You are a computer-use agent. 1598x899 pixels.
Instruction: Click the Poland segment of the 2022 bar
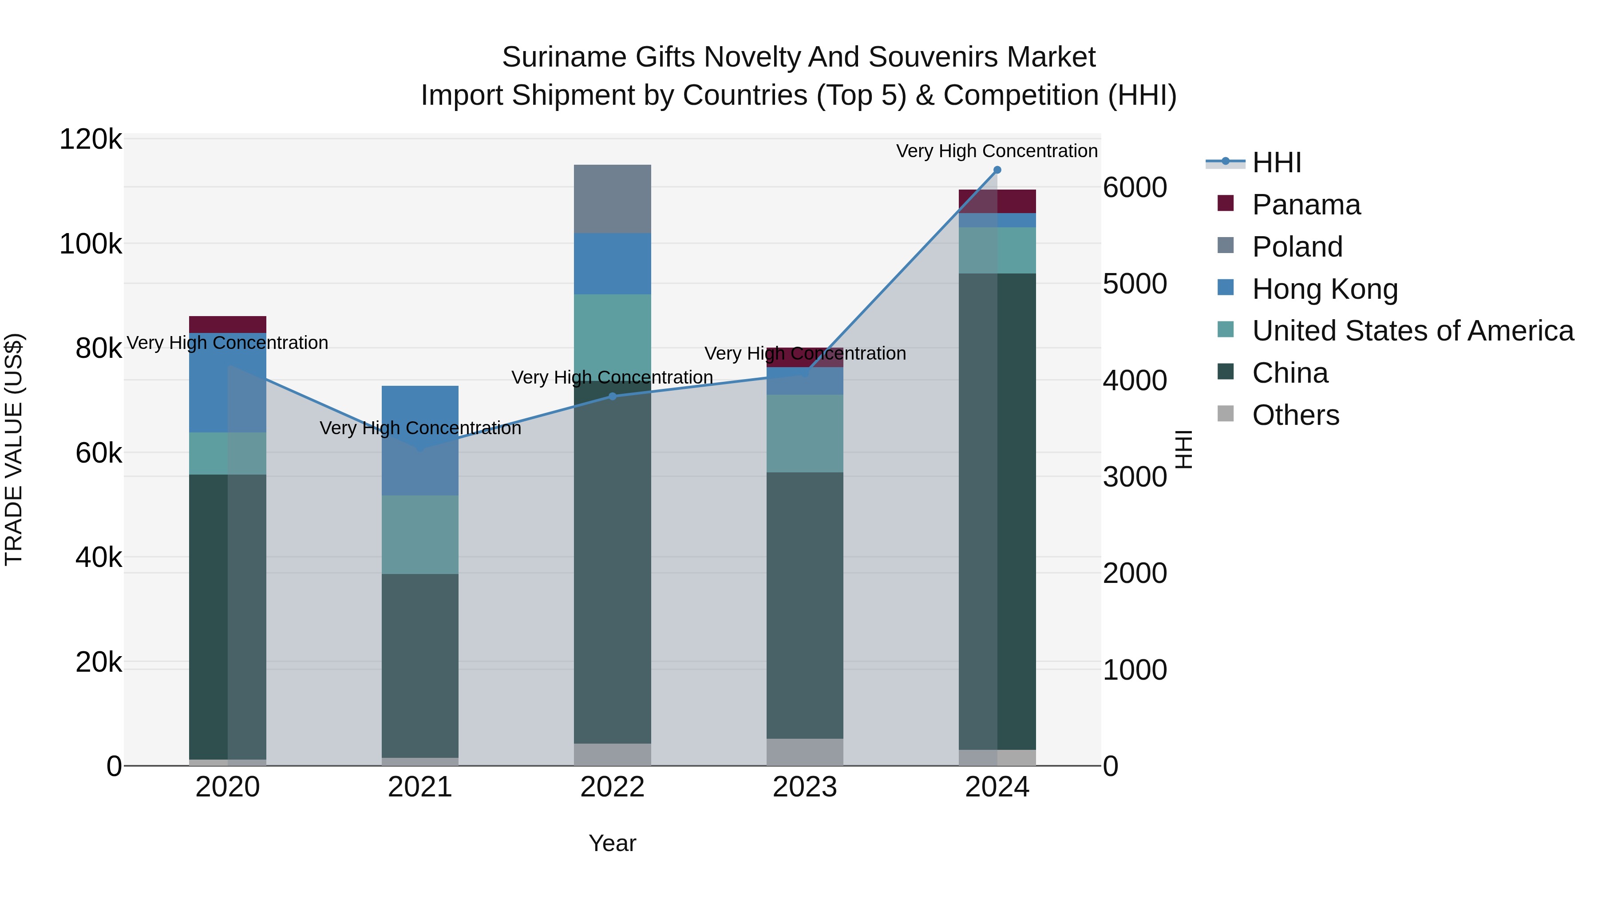tap(612, 198)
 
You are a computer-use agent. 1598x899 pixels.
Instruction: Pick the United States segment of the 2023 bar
tap(805, 433)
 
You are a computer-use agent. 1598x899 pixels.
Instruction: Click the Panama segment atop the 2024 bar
tap(997, 201)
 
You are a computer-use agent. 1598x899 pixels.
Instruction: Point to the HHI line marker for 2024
tap(997, 170)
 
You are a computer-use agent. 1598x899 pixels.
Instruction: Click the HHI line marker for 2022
tap(612, 396)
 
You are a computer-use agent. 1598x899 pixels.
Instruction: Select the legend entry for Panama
tap(1306, 205)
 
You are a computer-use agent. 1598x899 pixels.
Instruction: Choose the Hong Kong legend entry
tap(1325, 289)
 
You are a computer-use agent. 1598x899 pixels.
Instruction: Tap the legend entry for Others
tap(1295, 415)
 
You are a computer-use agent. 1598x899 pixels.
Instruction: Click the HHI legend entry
tap(1276, 162)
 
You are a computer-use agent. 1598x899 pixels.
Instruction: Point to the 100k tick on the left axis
tap(91, 244)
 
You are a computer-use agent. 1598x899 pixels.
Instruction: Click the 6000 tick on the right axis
tap(1135, 187)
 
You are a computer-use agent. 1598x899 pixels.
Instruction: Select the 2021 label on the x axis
tap(419, 787)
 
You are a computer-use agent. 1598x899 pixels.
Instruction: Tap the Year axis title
tap(612, 843)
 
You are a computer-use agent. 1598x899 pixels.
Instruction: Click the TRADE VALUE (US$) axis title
tap(14, 449)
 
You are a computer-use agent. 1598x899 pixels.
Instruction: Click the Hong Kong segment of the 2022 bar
tap(612, 264)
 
